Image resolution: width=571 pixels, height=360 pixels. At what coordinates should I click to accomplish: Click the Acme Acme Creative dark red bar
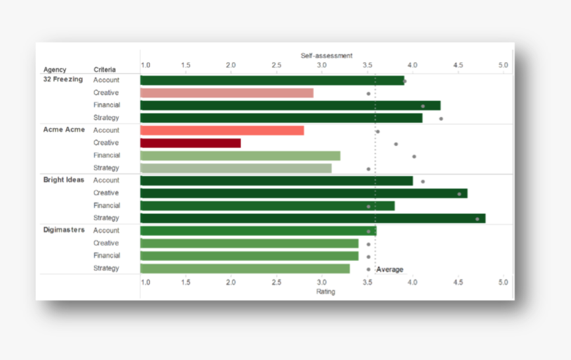[x=190, y=143]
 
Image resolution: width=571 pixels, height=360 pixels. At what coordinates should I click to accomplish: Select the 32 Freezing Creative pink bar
[x=226, y=93]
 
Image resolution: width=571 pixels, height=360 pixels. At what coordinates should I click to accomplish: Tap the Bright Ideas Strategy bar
[x=312, y=218]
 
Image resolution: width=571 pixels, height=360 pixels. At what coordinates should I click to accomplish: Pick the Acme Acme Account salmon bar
[x=222, y=130]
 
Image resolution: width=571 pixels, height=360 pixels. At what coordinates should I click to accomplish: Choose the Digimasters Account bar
[x=258, y=230]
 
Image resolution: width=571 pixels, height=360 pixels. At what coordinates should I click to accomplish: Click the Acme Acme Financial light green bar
[x=240, y=155]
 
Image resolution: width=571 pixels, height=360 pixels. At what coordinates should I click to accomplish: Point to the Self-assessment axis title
[x=327, y=56]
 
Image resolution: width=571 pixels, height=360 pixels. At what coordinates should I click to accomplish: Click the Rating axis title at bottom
[x=325, y=292]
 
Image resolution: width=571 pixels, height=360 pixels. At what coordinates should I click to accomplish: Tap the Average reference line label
[x=390, y=269]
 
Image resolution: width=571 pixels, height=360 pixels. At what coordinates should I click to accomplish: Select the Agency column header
[x=54, y=69]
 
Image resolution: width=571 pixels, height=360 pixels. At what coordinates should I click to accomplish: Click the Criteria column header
[x=104, y=69]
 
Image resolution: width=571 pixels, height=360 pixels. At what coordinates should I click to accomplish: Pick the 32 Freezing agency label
[x=63, y=80]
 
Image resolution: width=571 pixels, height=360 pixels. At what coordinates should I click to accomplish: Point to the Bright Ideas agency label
[x=64, y=180]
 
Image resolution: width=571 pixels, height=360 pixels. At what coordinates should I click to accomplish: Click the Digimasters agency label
[x=64, y=230]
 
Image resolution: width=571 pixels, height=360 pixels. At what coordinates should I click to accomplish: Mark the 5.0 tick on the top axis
[x=503, y=65]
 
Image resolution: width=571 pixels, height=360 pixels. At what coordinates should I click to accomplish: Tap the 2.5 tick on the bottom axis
[x=276, y=282]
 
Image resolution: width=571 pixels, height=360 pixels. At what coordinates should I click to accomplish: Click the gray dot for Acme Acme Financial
[x=414, y=156]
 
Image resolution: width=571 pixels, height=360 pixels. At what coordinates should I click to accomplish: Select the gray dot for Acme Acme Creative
[x=396, y=143]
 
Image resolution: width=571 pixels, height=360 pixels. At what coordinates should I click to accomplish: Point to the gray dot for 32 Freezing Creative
[x=368, y=94]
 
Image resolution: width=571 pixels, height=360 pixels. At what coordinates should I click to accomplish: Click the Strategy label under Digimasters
[x=106, y=268]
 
